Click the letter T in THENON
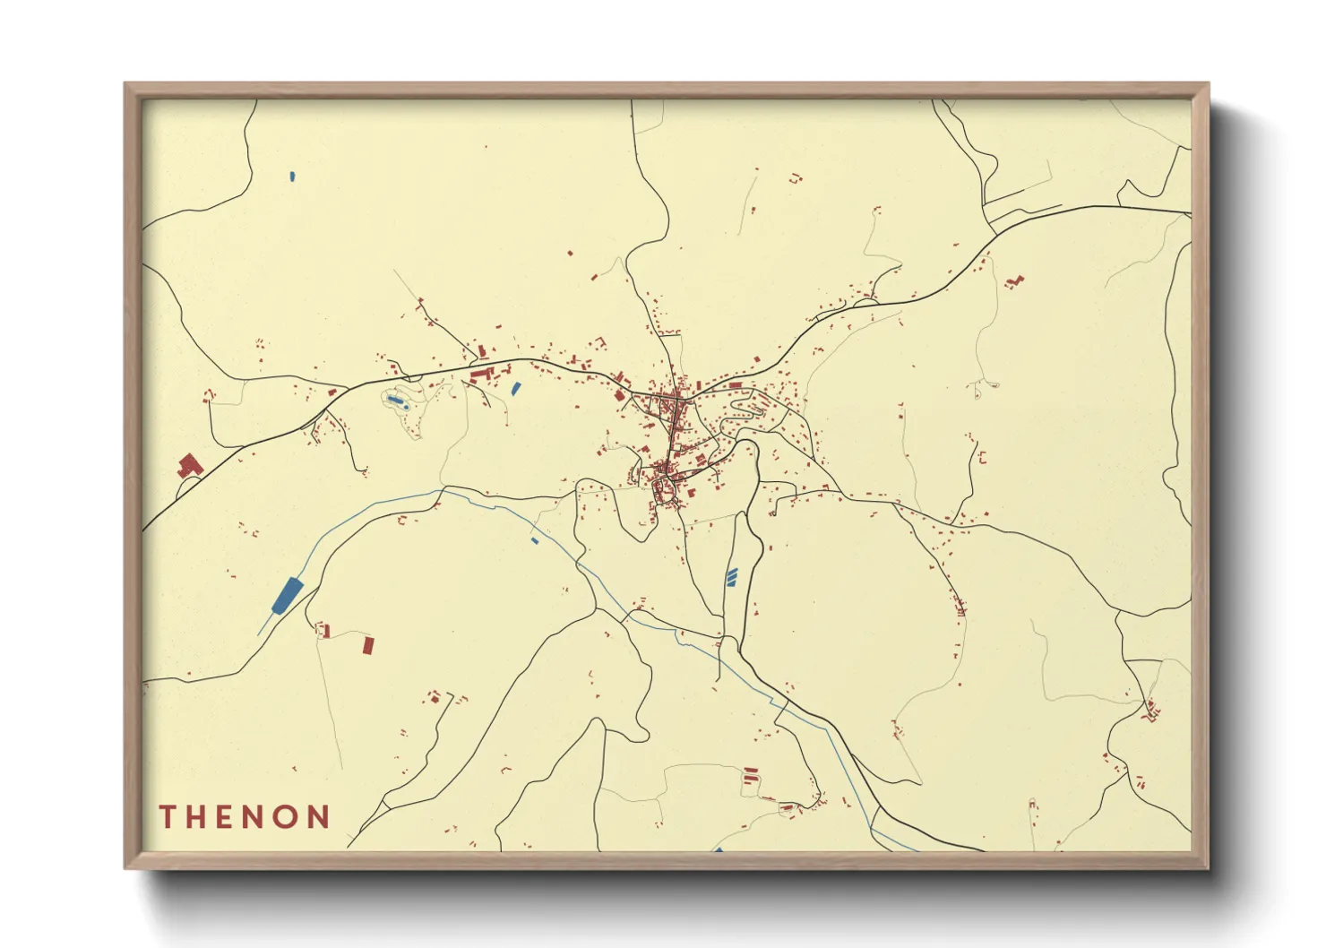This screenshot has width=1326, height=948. [x=167, y=817]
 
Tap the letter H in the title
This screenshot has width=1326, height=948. [x=196, y=817]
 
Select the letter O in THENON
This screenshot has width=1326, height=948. [x=287, y=817]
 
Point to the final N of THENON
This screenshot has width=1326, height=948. [x=318, y=817]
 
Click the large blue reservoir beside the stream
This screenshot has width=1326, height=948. [x=288, y=594]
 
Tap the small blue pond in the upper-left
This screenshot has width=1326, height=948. [x=293, y=176]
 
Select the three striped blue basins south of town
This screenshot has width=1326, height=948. [x=732, y=576]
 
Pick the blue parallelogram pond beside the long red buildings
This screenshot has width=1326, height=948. [x=515, y=389]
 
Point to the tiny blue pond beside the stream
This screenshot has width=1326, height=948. [x=535, y=540]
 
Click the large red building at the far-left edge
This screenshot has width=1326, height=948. [x=189, y=465]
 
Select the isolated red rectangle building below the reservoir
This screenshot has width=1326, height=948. [x=367, y=645]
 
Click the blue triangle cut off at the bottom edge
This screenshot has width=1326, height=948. [x=718, y=849]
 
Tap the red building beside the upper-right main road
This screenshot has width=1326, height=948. [x=1013, y=281]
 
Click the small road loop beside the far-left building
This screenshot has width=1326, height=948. [x=187, y=487]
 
